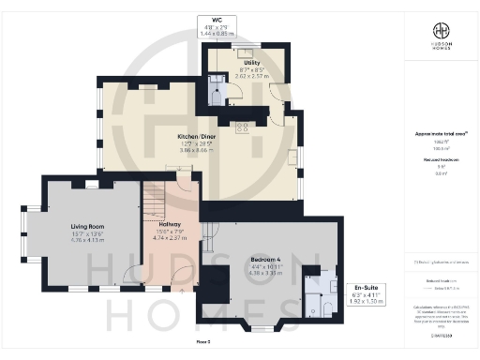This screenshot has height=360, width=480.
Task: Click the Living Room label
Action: point(86,226)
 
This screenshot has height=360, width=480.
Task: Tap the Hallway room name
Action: point(170,225)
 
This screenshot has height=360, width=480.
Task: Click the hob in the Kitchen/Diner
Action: point(240,126)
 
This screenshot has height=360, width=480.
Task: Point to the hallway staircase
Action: point(154,201)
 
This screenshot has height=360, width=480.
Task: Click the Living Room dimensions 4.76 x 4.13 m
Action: point(86,241)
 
